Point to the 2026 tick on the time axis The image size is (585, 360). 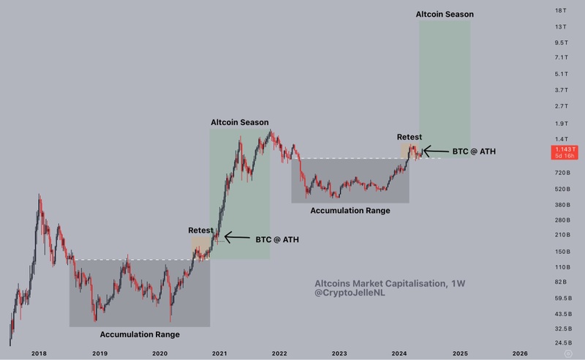520,353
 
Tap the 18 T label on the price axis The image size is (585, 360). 562,11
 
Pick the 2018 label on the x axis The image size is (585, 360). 39,353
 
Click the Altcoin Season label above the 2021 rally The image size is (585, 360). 239,122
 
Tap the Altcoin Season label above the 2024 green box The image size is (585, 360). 445,15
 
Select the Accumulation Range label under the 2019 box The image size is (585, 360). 140,334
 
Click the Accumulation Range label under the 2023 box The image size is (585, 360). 350,211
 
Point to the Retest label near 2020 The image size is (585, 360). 200,230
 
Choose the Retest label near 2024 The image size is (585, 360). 409,137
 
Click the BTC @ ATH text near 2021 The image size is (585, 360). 276,239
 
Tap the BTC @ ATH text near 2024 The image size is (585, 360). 475,151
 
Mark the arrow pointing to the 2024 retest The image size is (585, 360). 437,151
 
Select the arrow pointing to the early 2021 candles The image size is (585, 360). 237,237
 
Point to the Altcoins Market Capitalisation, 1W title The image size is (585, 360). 379,282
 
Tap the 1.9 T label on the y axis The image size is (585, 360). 562,124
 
